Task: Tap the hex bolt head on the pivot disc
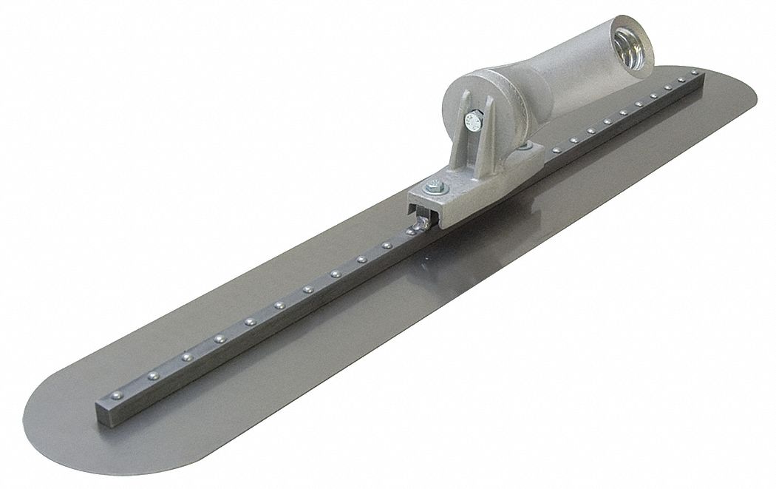(470, 116)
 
